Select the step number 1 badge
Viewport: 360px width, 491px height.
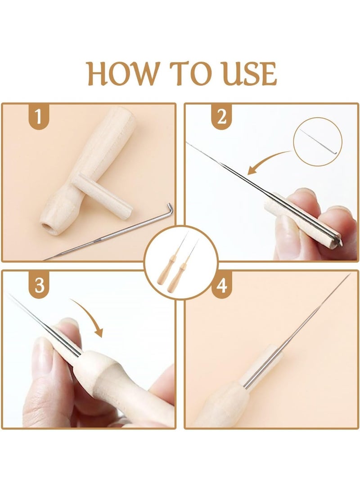(x=39, y=117)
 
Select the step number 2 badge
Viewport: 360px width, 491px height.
(x=221, y=117)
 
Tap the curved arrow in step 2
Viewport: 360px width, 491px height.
(x=265, y=162)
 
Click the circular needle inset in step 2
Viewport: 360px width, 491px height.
(x=317, y=142)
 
